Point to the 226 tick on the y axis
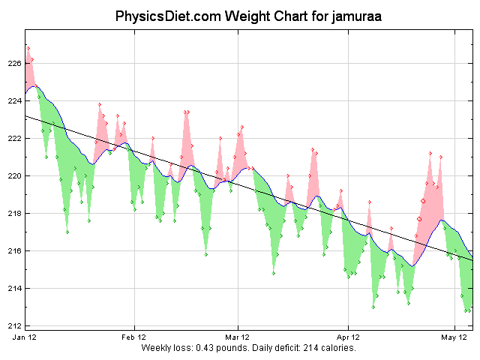15,64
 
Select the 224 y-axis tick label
15,101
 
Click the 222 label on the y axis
15,139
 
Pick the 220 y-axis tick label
15,176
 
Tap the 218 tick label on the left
15,214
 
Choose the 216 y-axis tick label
15,251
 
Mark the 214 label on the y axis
15,289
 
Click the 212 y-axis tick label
15,326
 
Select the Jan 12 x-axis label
25,338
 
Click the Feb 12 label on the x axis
134,338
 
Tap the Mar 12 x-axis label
237,338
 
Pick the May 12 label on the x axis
454,338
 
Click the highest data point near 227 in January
28,48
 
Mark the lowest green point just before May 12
466,310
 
